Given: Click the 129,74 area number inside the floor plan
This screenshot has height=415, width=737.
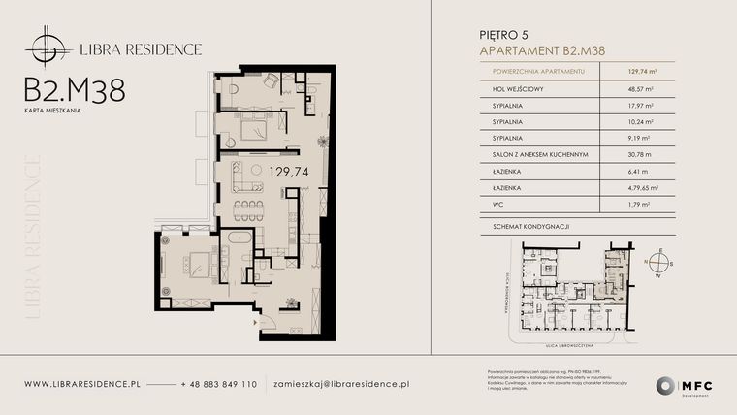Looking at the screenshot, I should click(269, 171).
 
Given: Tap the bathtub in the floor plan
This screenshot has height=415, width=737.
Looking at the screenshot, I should click(239, 239).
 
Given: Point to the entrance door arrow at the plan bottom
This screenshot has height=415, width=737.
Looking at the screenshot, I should click(256, 320).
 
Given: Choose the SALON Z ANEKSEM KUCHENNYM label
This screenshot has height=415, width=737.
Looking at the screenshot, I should click(533, 156).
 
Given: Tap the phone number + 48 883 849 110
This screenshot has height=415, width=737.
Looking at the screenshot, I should click(218, 384).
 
